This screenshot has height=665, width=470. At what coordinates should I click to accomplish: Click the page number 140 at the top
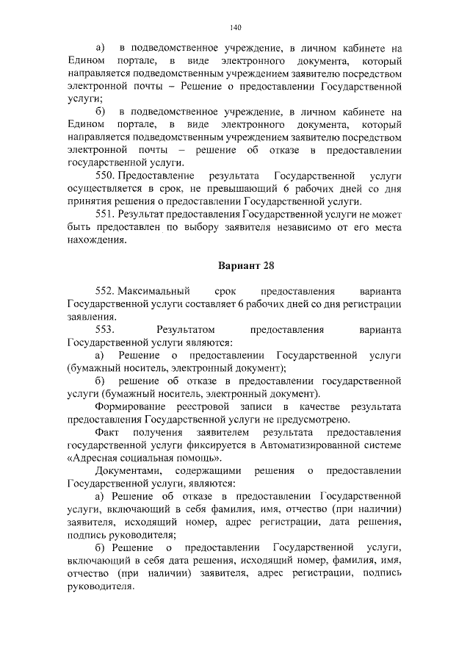point(235,28)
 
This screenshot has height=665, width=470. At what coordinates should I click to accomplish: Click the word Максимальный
point(153,290)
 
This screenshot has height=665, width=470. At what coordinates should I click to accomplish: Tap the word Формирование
point(131,406)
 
